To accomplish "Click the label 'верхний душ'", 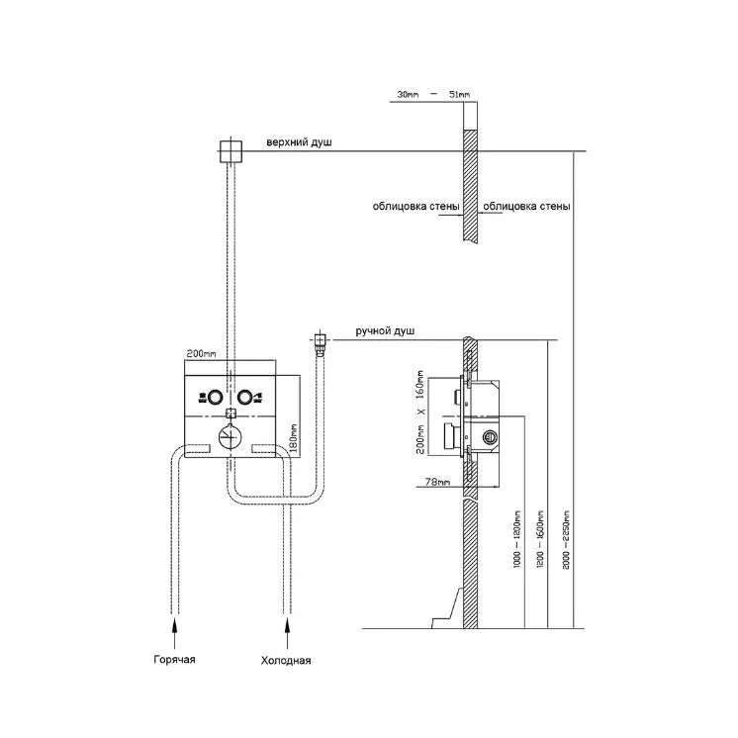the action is coord(299,142).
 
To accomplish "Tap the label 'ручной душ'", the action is coord(385,330).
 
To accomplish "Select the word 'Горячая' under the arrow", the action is coord(175,660).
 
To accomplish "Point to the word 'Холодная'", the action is coord(286,660).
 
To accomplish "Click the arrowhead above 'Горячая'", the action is coord(175,625).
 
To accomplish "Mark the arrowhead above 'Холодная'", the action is coord(287,625).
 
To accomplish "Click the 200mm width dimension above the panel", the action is coord(202,353).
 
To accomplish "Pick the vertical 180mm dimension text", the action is coord(293,437).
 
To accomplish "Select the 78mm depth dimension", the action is coord(437,482).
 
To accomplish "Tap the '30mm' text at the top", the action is coord(408,94).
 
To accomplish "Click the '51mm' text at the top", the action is coord(459,94).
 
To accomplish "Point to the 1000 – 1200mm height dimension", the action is coord(517,539).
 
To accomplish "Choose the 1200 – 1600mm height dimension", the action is coord(540,539).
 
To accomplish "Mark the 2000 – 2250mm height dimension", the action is coord(566,540).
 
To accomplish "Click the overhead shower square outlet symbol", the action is coord(231,151).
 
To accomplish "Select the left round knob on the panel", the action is coord(215,398).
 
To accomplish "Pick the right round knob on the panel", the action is coord(244,398).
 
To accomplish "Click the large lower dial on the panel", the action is coord(231,436).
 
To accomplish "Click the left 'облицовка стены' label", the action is coord(416,206).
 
